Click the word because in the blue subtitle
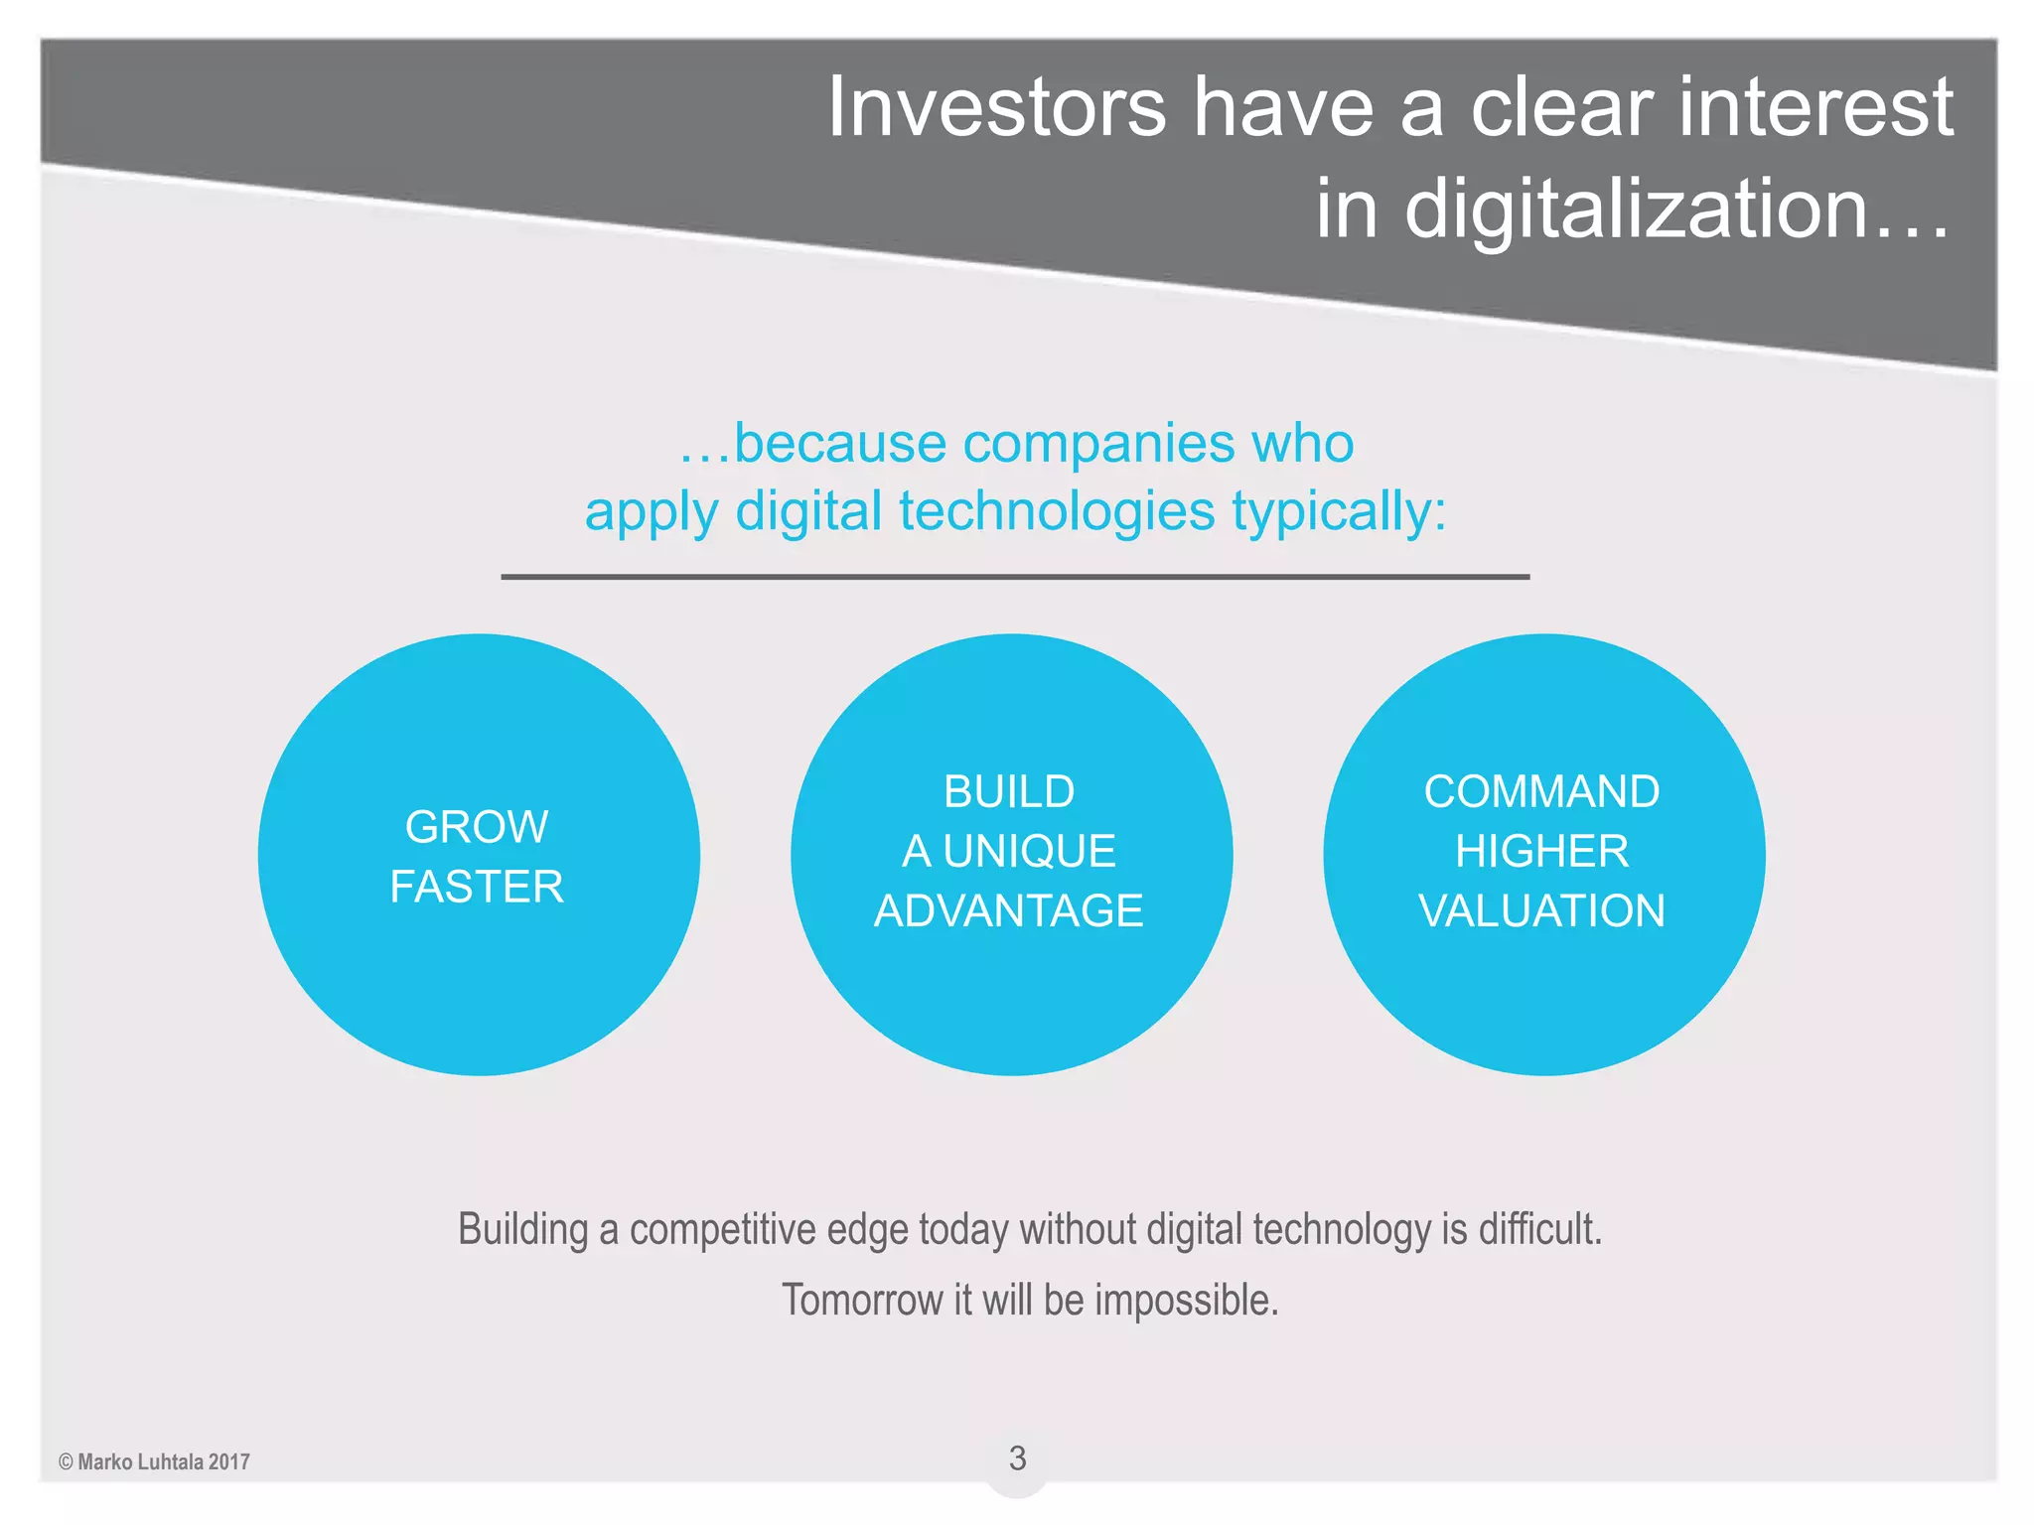click(839, 444)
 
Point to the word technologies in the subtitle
click(1057, 512)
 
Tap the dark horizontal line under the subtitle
click(1015, 577)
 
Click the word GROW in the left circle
click(477, 827)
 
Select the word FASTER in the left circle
click(477, 887)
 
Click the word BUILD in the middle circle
click(1009, 792)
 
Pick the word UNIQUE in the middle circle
click(1029, 852)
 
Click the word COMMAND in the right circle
click(1541, 792)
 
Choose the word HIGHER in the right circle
click(1541, 852)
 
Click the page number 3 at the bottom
click(1017, 1458)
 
